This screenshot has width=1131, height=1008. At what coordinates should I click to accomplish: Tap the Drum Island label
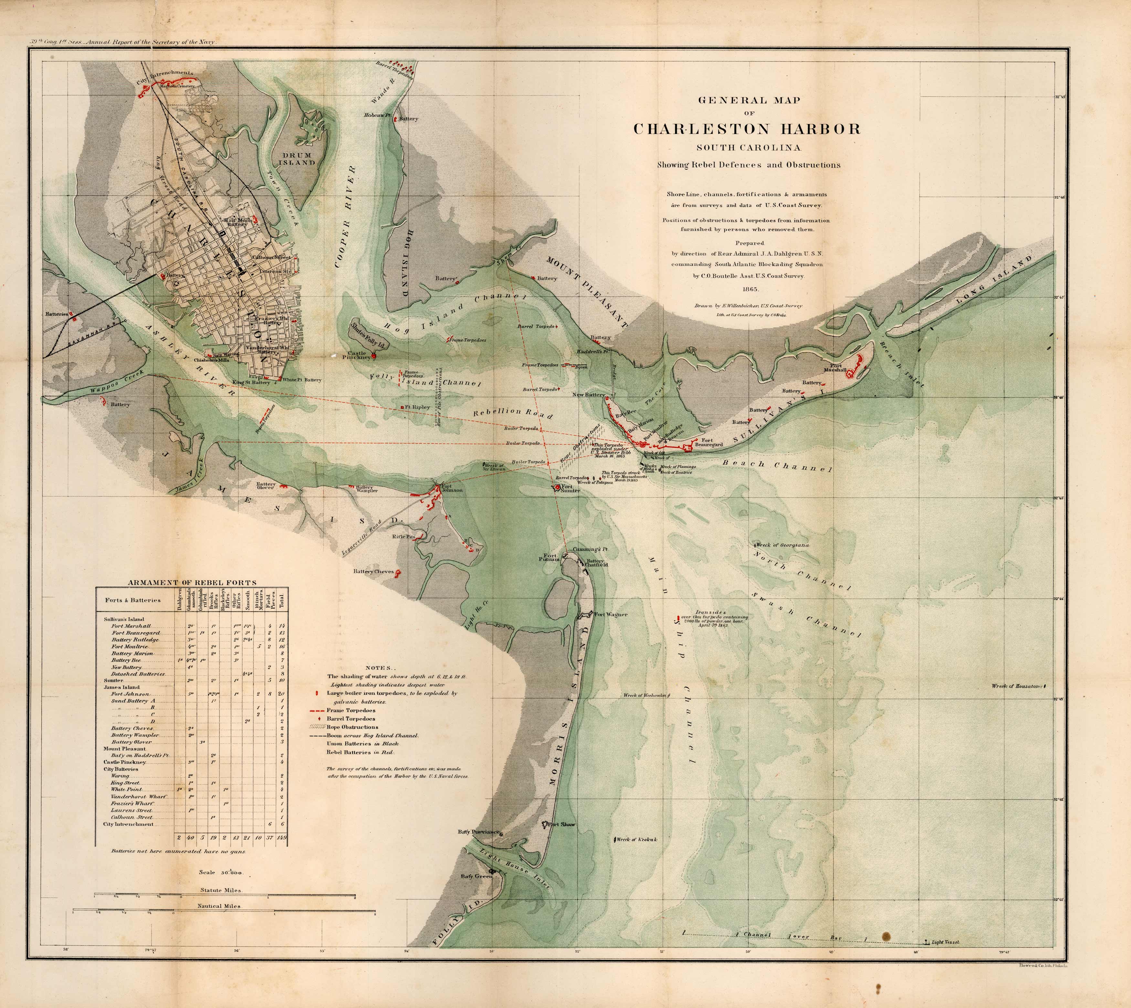coord(297,159)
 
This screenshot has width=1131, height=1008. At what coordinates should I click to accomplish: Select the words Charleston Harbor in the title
coord(747,129)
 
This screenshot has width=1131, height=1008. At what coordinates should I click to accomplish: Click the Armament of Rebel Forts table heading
coord(192,583)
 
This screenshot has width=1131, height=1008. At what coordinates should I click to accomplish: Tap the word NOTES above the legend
coord(381,668)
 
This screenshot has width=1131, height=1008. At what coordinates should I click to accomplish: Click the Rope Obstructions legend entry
coord(352,727)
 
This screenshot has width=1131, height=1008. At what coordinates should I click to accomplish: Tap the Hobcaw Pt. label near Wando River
coord(377,115)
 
